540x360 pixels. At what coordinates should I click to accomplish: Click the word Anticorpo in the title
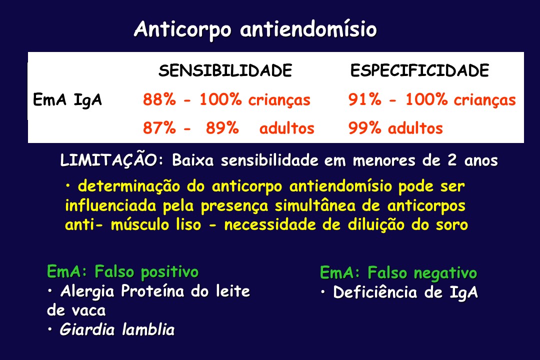pyautogui.click(x=182, y=30)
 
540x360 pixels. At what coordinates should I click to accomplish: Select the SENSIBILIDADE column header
pyautogui.click(x=225, y=70)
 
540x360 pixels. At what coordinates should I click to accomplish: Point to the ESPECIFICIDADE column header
pyautogui.click(x=420, y=70)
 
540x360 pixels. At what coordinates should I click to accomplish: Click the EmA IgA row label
pyautogui.click(x=67, y=100)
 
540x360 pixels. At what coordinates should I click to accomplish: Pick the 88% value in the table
pyautogui.click(x=159, y=99)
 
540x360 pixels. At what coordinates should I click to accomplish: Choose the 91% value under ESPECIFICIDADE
pyautogui.click(x=364, y=99)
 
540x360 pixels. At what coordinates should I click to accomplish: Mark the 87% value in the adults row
pyautogui.click(x=159, y=128)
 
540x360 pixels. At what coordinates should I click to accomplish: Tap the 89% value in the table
pyautogui.click(x=222, y=128)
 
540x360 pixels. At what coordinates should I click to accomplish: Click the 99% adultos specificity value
pyautogui.click(x=395, y=128)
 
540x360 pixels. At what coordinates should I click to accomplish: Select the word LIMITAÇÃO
pyautogui.click(x=109, y=160)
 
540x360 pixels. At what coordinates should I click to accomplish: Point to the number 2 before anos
pyautogui.click(x=452, y=160)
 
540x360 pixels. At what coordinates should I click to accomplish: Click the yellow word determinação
pyautogui.click(x=129, y=187)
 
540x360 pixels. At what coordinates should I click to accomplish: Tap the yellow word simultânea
pyautogui.click(x=315, y=206)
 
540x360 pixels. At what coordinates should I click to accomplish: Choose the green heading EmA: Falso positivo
pyautogui.click(x=122, y=272)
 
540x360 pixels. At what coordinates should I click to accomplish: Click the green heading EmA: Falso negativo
pyautogui.click(x=398, y=273)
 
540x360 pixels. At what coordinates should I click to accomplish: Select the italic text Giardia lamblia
pyautogui.click(x=117, y=329)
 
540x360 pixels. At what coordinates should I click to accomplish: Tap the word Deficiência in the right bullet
pyautogui.click(x=375, y=292)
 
